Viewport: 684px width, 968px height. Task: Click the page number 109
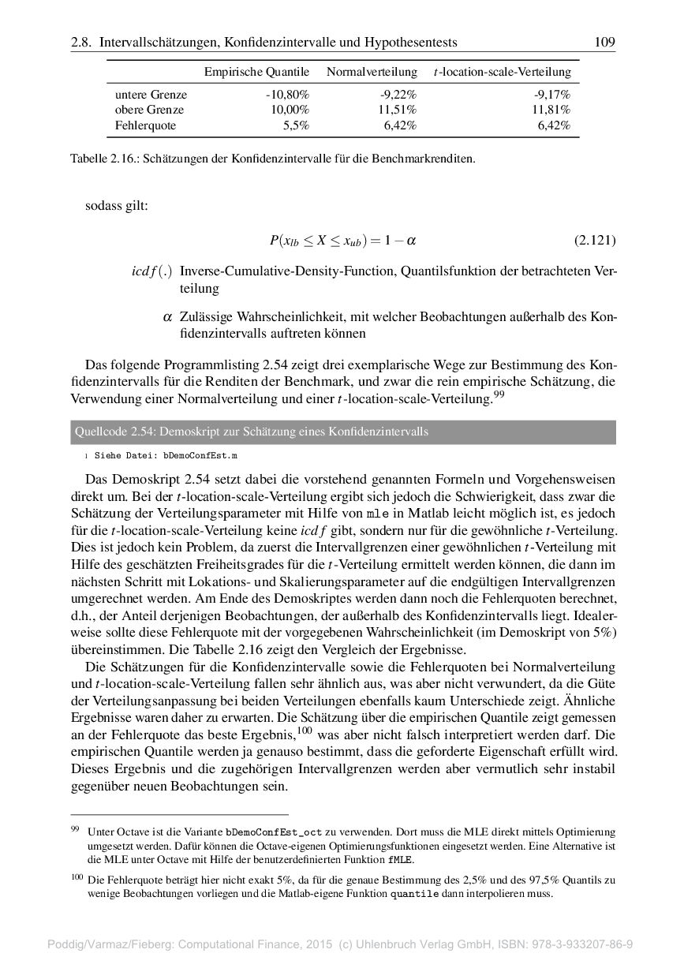(x=605, y=42)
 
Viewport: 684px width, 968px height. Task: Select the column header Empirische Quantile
(x=256, y=72)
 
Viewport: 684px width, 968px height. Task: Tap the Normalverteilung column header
(x=372, y=72)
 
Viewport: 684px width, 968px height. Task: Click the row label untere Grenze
(x=151, y=95)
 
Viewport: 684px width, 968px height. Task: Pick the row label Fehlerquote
(x=146, y=125)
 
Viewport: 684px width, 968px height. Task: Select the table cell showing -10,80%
(x=287, y=95)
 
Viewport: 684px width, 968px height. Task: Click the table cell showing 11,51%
(x=398, y=110)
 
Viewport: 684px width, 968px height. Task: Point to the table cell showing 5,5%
(x=296, y=125)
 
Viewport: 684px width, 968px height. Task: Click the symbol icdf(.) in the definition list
(x=152, y=271)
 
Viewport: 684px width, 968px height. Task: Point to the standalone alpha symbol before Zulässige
(x=166, y=317)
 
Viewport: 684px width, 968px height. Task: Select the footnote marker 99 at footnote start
(x=75, y=829)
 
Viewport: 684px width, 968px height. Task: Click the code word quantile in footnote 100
(x=414, y=894)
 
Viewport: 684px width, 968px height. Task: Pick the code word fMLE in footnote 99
(x=400, y=859)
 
